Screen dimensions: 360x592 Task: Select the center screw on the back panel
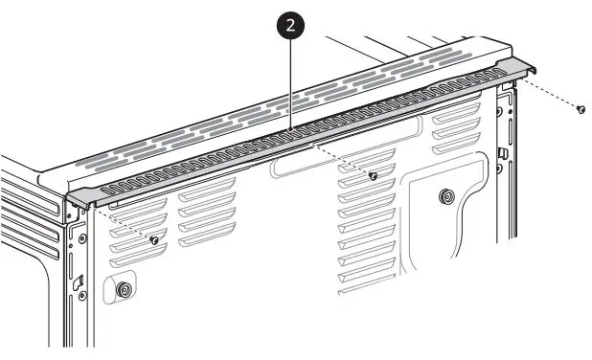(374, 175)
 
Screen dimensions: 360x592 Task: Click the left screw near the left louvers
(153, 239)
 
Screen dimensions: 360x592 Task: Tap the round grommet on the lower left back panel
(123, 288)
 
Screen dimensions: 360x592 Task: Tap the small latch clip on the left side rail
(80, 281)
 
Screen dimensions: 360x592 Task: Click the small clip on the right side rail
(503, 153)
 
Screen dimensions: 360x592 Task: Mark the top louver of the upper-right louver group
(456, 101)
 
